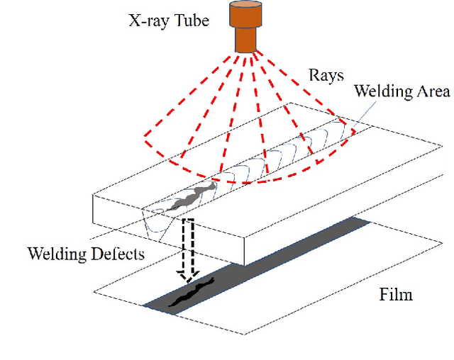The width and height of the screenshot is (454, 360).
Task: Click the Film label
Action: pyautogui.click(x=394, y=293)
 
